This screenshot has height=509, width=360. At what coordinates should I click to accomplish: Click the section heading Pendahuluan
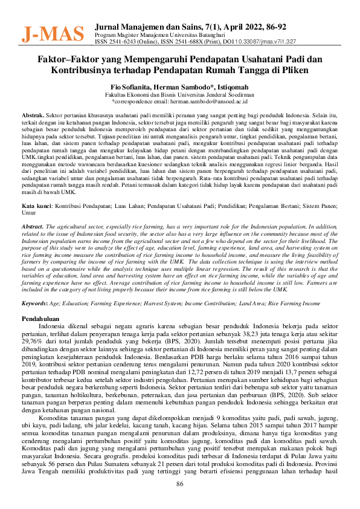(40, 317)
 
